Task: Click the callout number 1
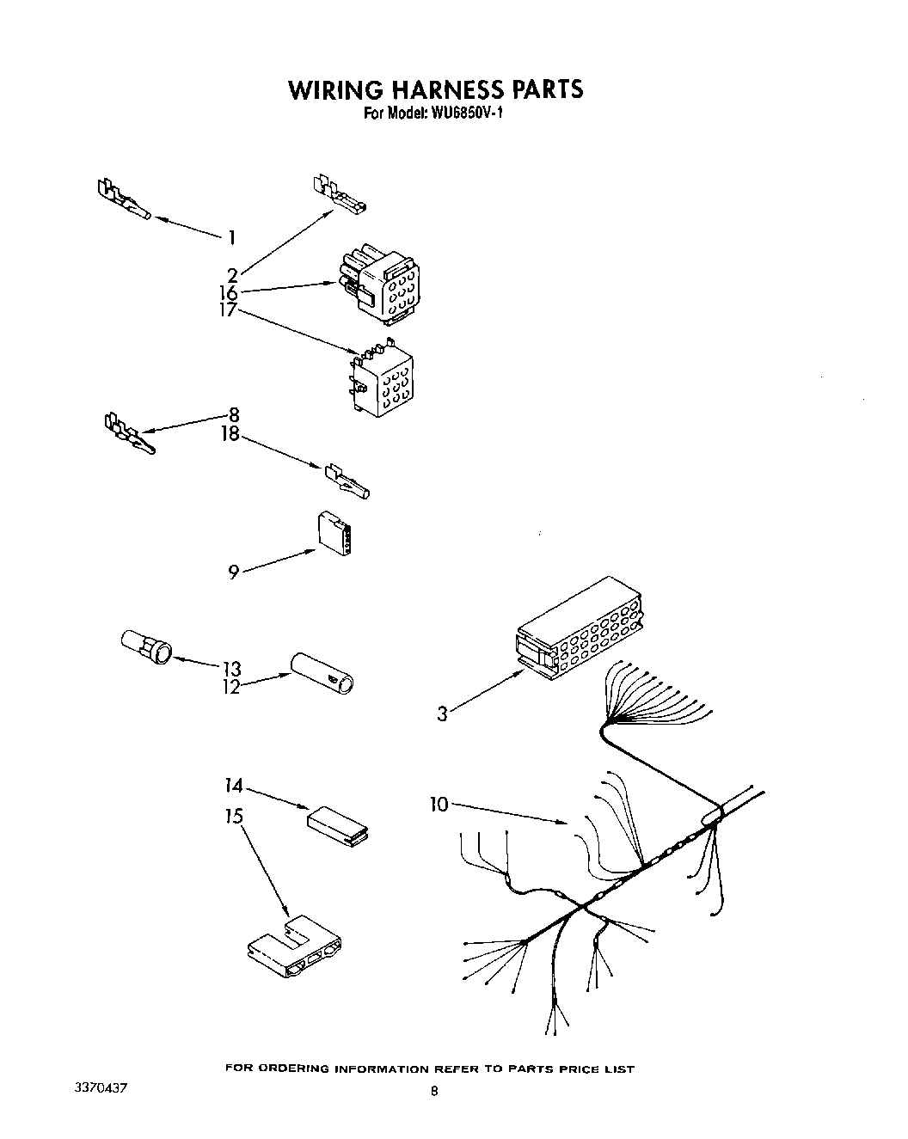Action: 231,238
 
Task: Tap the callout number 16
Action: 228,293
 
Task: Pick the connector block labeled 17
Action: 380,381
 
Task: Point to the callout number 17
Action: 228,311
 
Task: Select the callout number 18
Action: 230,435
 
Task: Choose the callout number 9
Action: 233,572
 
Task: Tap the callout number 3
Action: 442,713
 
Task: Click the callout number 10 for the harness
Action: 439,805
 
